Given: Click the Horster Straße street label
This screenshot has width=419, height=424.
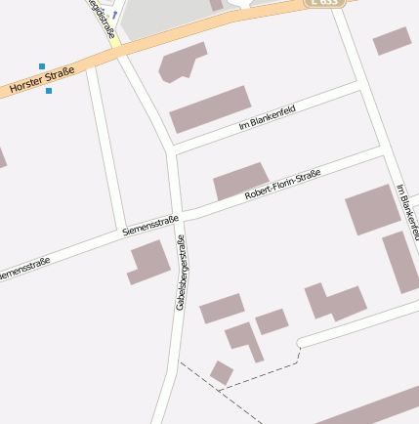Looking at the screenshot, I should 42,81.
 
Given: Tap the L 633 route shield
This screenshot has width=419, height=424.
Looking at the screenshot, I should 325,3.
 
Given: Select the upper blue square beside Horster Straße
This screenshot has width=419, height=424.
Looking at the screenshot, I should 41,66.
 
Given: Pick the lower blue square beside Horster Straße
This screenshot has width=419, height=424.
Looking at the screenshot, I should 49,91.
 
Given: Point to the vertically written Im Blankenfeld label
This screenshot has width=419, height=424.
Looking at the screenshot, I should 408,211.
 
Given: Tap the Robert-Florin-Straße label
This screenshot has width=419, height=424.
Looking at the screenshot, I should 282,185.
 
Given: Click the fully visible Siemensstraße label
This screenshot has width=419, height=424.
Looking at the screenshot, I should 151,227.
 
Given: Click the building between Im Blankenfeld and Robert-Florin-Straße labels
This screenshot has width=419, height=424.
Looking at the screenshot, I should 240,182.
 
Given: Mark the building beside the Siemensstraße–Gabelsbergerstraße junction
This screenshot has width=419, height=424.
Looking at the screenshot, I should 149,262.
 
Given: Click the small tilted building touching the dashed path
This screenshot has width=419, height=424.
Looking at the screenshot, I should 222,372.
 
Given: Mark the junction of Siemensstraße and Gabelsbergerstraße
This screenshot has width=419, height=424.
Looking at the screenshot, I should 178,217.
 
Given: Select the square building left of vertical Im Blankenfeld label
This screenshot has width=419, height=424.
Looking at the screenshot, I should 372,209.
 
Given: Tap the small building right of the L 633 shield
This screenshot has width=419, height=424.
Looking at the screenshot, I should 392,40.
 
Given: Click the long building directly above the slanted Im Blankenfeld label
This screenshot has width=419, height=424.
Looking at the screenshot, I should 210,108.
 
